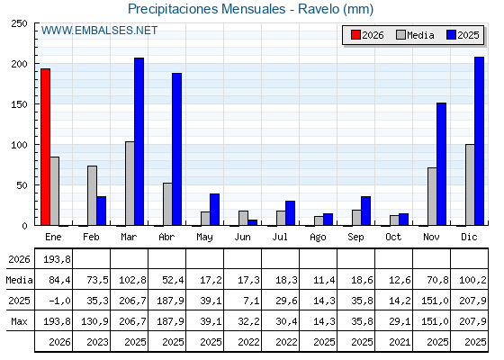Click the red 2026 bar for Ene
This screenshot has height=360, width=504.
point(45,147)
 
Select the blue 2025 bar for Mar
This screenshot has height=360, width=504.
point(139,142)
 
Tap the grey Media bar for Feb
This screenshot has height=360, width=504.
point(92,195)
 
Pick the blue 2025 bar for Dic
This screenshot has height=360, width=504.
point(479,141)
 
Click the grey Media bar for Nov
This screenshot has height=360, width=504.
point(432,196)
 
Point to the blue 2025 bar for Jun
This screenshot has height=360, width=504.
point(253,222)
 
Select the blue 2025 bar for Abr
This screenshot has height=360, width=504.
point(176,149)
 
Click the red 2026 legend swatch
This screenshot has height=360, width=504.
point(355,35)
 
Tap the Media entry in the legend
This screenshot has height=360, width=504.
point(415,35)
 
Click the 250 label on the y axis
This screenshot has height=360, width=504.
point(19,23)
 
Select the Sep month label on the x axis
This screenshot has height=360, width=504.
point(355,238)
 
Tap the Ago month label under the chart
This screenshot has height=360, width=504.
point(318,238)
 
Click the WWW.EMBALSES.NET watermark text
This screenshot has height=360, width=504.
point(99,31)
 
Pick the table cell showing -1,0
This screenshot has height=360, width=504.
point(59,301)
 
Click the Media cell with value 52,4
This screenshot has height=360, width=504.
point(173,280)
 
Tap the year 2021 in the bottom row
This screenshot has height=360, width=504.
point(400,342)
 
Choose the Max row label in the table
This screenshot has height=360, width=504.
point(19,321)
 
